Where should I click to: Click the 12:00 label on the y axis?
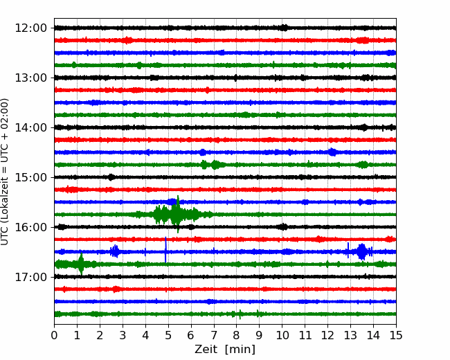30,28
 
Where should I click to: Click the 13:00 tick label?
30,78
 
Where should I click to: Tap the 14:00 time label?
30,127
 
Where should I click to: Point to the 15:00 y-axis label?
30,177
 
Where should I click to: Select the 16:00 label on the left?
30,227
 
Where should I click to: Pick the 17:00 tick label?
30,277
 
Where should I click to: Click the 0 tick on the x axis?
54,335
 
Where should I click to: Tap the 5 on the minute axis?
168,335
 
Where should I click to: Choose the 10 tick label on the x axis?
282,335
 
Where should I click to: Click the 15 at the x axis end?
396,335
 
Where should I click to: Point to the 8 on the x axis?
237,335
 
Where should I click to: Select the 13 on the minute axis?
350,335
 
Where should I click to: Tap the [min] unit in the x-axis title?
240,350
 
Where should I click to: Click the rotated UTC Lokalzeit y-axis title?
5,172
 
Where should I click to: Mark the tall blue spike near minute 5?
165,250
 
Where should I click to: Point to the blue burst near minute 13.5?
361,252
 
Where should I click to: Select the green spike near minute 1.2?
81,264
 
